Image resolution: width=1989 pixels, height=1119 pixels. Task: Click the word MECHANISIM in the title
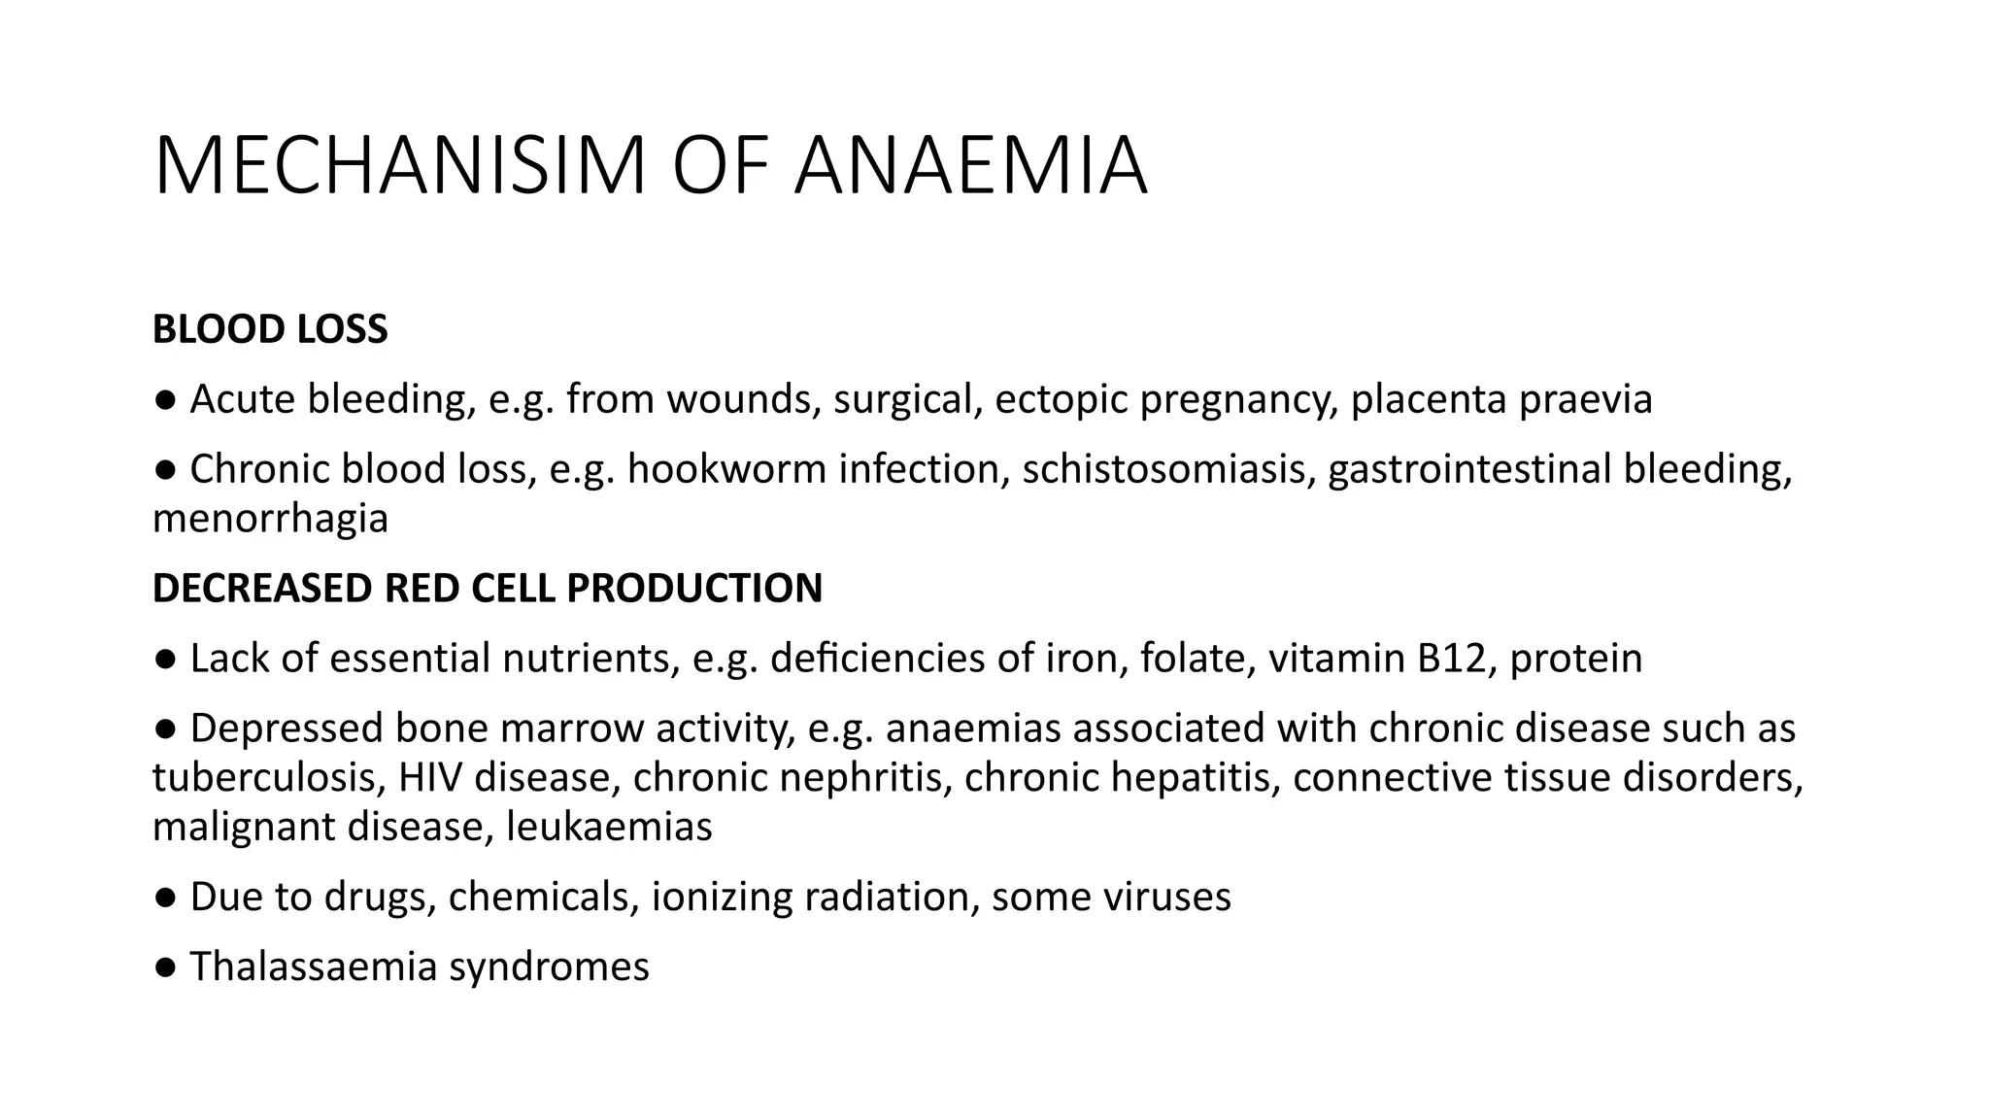399,166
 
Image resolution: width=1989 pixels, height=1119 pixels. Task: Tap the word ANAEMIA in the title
971,166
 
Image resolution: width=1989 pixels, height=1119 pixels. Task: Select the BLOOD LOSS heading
270,329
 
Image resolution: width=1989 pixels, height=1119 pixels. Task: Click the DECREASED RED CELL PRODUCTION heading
488,589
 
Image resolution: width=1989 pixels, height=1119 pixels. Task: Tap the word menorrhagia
270,519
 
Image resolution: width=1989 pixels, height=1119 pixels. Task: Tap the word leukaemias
609,827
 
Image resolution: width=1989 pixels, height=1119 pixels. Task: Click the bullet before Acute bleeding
165,400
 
